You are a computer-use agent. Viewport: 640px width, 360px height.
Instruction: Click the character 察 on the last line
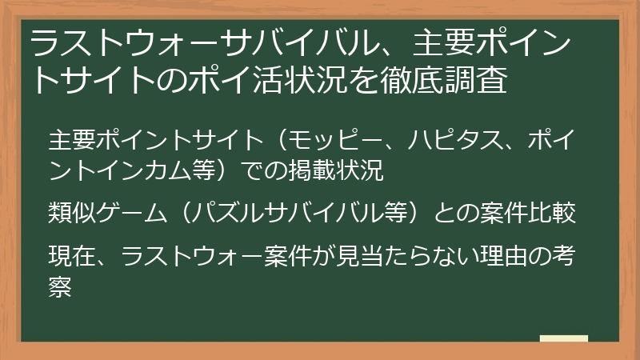(x=60, y=286)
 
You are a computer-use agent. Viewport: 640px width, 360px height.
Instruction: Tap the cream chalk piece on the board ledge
(x=563, y=339)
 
